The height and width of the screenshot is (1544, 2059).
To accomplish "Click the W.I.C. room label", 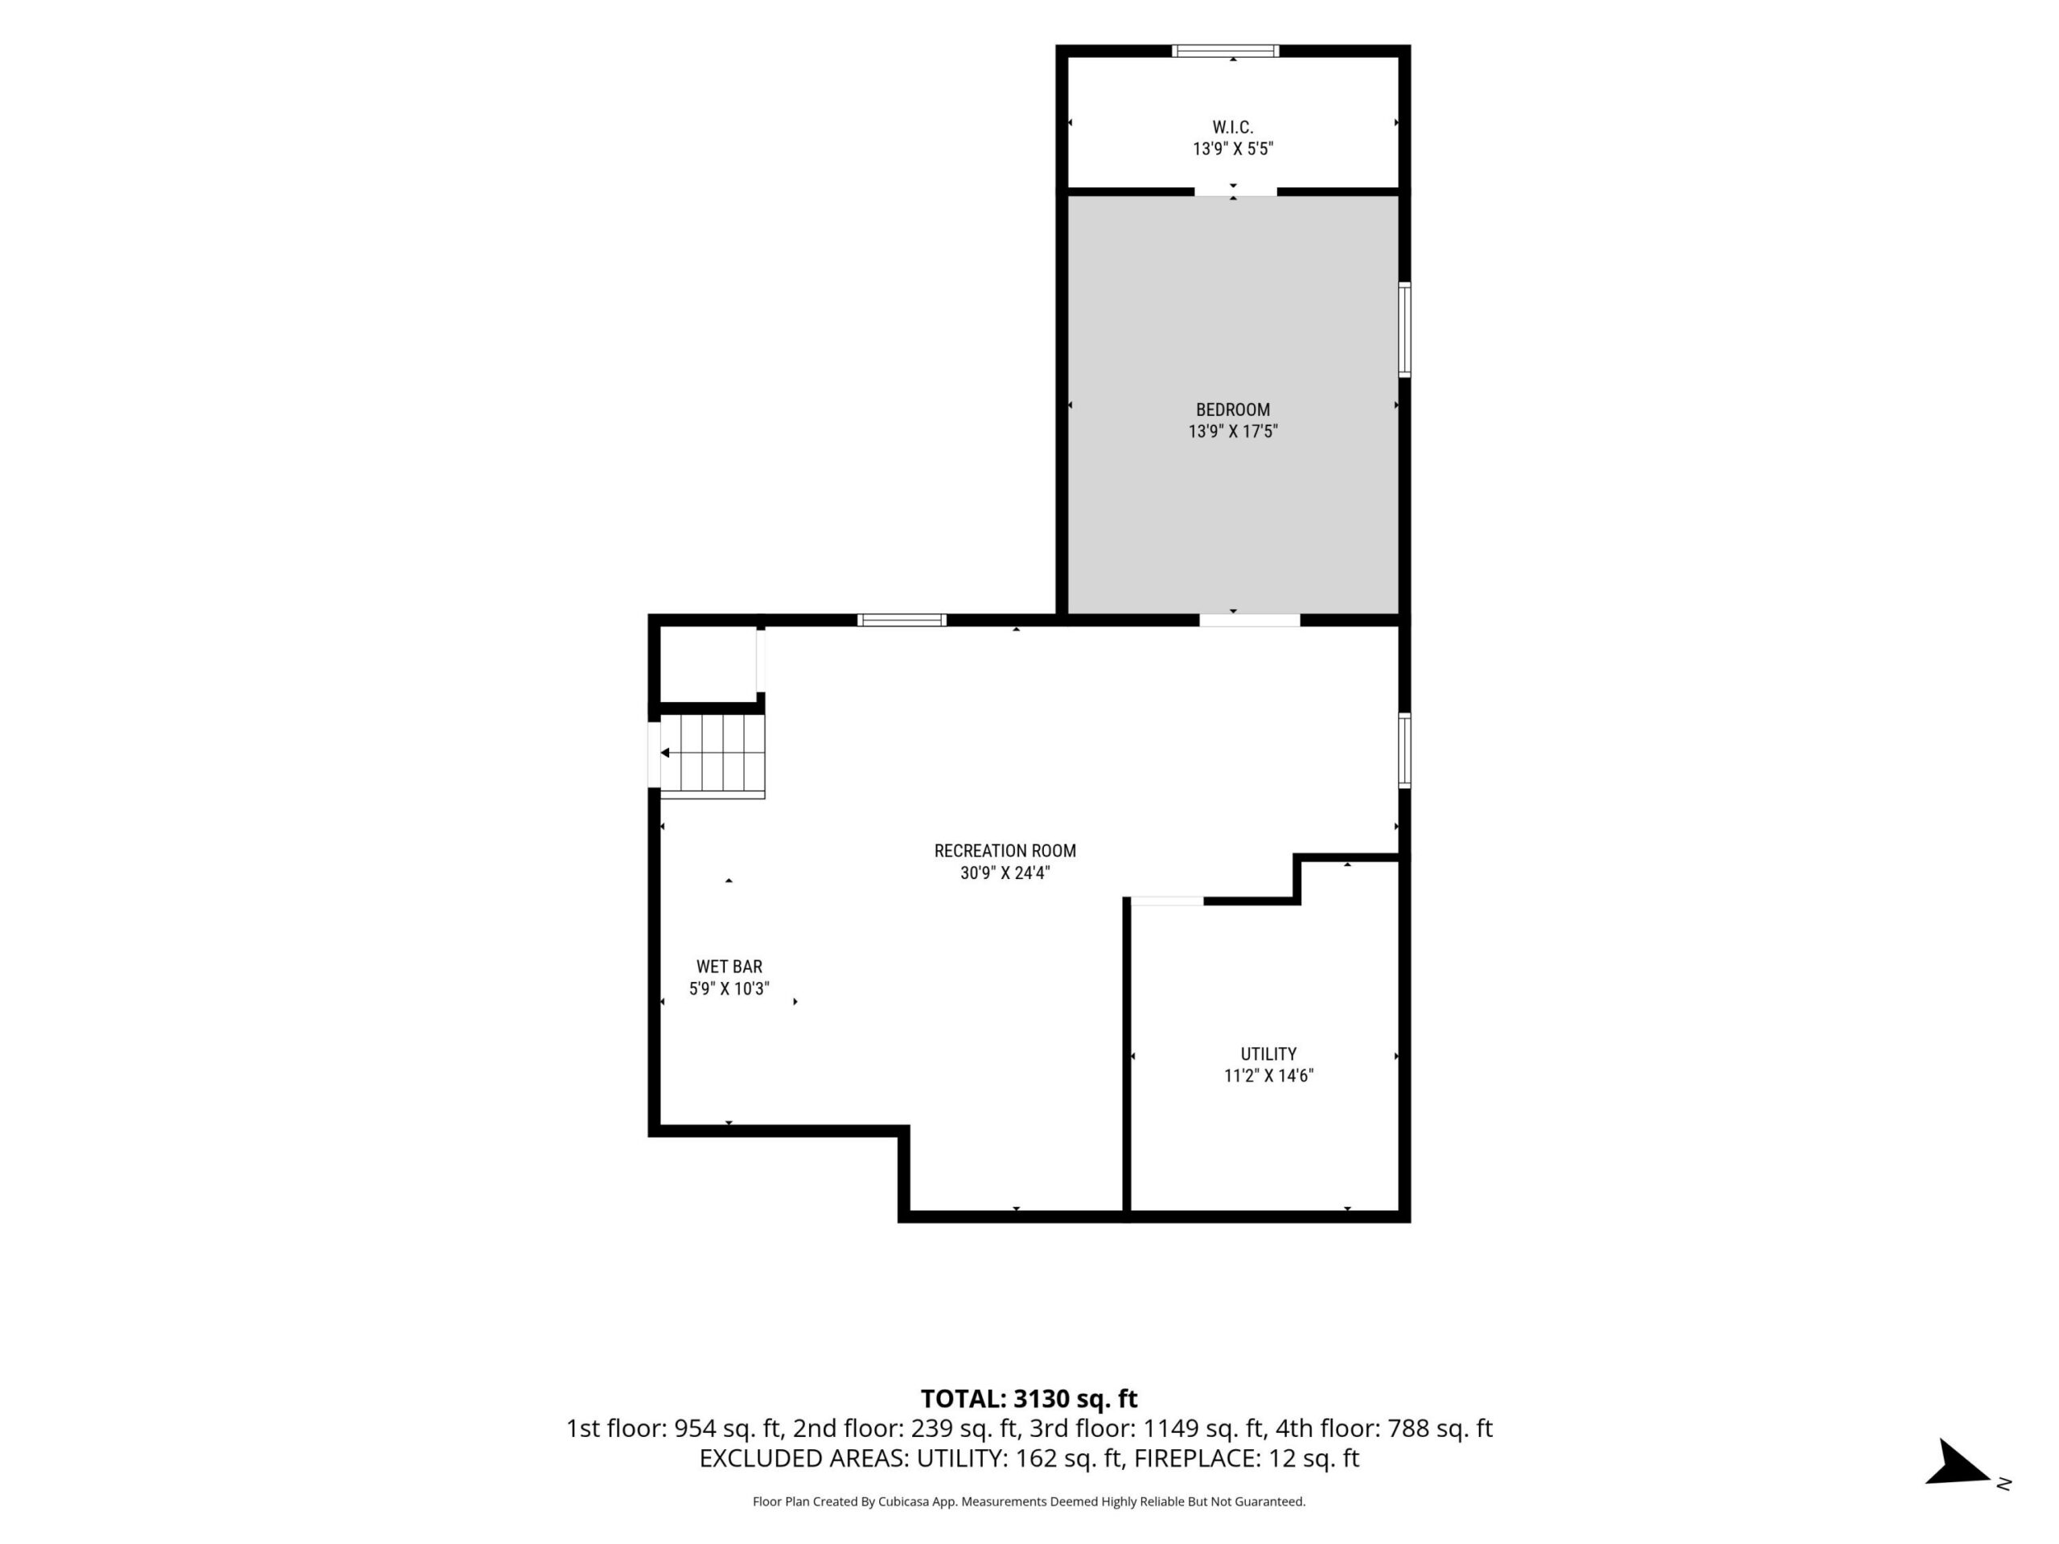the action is (x=1232, y=128).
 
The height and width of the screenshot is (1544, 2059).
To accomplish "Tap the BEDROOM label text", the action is (x=1232, y=409).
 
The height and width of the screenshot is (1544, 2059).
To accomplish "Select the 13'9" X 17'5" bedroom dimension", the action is (x=1232, y=432).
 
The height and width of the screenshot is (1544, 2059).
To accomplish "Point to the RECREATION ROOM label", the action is (x=1005, y=851).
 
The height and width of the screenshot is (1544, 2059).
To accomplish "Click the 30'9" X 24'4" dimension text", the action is (x=1005, y=873).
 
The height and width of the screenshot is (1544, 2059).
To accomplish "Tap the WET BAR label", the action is (x=729, y=967).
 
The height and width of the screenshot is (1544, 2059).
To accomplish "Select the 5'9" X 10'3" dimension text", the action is (x=729, y=989).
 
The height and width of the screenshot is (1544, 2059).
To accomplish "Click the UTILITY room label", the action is (x=1268, y=1053).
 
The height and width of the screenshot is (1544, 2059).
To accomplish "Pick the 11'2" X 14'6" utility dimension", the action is (x=1268, y=1076).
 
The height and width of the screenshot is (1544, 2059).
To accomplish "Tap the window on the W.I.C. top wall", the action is (x=1225, y=51).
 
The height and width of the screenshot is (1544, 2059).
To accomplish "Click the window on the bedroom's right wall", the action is (x=1404, y=330).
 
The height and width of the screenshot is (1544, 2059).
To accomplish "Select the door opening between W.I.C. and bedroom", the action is (x=1235, y=191).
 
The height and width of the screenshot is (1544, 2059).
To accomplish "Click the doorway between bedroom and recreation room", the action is (x=1249, y=620).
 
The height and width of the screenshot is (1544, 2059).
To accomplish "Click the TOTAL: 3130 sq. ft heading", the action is (x=1029, y=1398).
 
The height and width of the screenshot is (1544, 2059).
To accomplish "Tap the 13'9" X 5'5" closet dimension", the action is (x=1232, y=149).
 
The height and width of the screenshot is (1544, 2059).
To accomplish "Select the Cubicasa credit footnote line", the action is (x=1029, y=1501).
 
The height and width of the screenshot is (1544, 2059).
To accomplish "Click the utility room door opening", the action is (x=1166, y=901).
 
